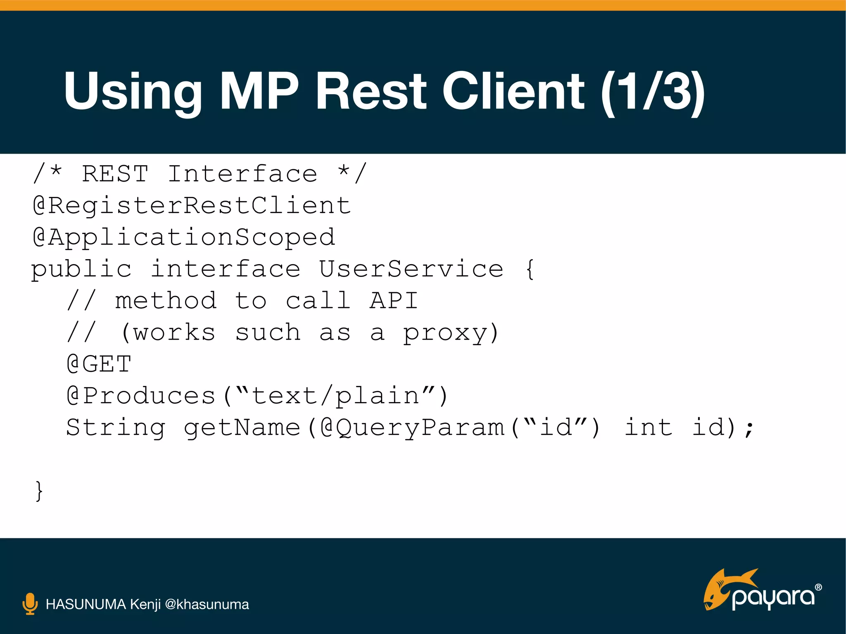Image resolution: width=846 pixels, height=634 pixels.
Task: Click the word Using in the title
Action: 132,92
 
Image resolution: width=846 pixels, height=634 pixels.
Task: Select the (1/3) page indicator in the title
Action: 653,92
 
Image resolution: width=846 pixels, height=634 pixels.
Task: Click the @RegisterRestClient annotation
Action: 192,205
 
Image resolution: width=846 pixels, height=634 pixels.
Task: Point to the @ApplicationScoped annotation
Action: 184,237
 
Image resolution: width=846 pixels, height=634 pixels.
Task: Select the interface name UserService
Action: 411,269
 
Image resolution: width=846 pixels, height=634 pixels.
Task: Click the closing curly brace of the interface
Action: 39,491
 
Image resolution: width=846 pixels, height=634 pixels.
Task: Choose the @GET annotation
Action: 99,364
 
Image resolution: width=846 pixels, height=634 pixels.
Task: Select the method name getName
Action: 242,428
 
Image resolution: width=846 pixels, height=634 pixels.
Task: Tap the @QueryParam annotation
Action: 413,428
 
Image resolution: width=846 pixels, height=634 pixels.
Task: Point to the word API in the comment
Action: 394,300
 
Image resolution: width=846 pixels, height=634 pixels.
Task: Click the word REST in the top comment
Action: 115,173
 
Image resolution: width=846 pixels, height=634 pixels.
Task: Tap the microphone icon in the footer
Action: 30,604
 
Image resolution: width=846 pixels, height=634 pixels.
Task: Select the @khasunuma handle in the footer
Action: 207,604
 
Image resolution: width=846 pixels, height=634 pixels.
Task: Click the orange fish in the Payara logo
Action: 721,588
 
